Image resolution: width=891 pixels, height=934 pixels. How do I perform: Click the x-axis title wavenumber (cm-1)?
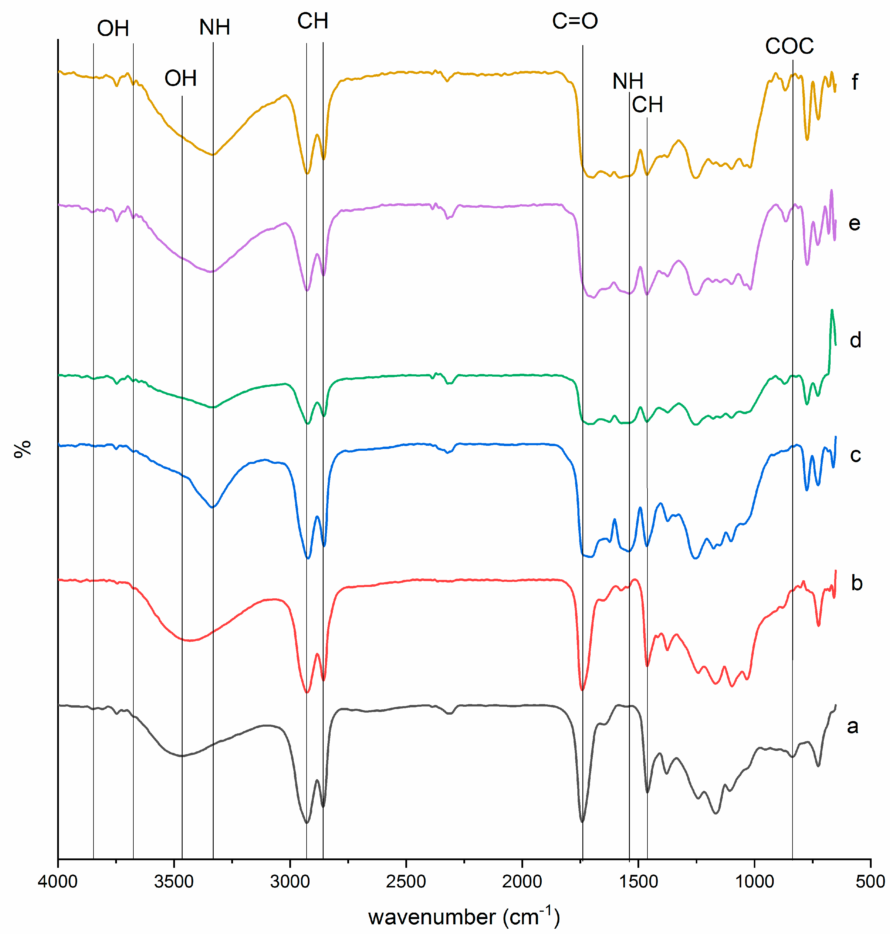click(x=464, y=917)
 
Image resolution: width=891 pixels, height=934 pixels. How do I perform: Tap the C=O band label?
click(x=575, y=21)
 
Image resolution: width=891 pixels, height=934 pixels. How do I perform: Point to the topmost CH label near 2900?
click(x=313, y=21)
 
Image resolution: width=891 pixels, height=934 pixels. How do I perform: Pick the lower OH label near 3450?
click(x=181, y=78)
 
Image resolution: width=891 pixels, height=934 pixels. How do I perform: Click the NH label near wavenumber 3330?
click(x=215, y=28)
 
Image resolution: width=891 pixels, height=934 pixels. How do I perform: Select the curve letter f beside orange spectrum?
click(x=855, y=82)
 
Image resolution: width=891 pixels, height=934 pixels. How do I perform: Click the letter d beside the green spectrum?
click(x=855, y=340)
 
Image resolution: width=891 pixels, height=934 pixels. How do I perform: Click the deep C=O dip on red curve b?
click(x=583, y=689)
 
